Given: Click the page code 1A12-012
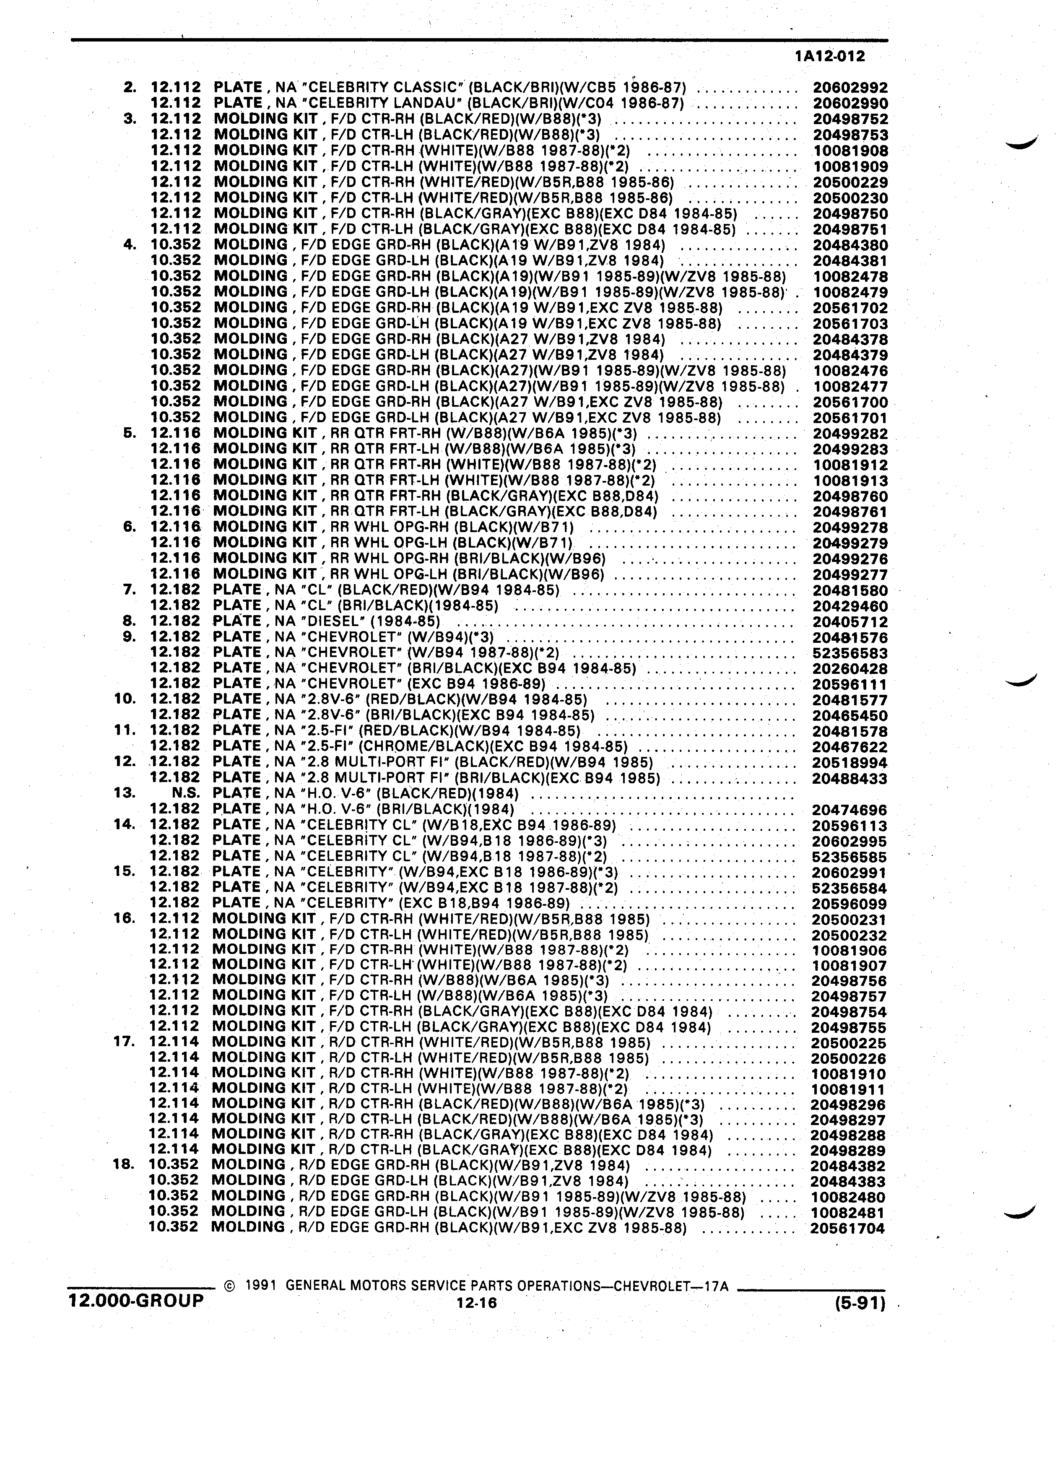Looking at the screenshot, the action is [830, 57].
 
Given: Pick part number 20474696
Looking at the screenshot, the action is [849, 810].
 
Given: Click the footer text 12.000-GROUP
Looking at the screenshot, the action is [136, 1301].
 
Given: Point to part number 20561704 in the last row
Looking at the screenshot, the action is [847, 1229].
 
